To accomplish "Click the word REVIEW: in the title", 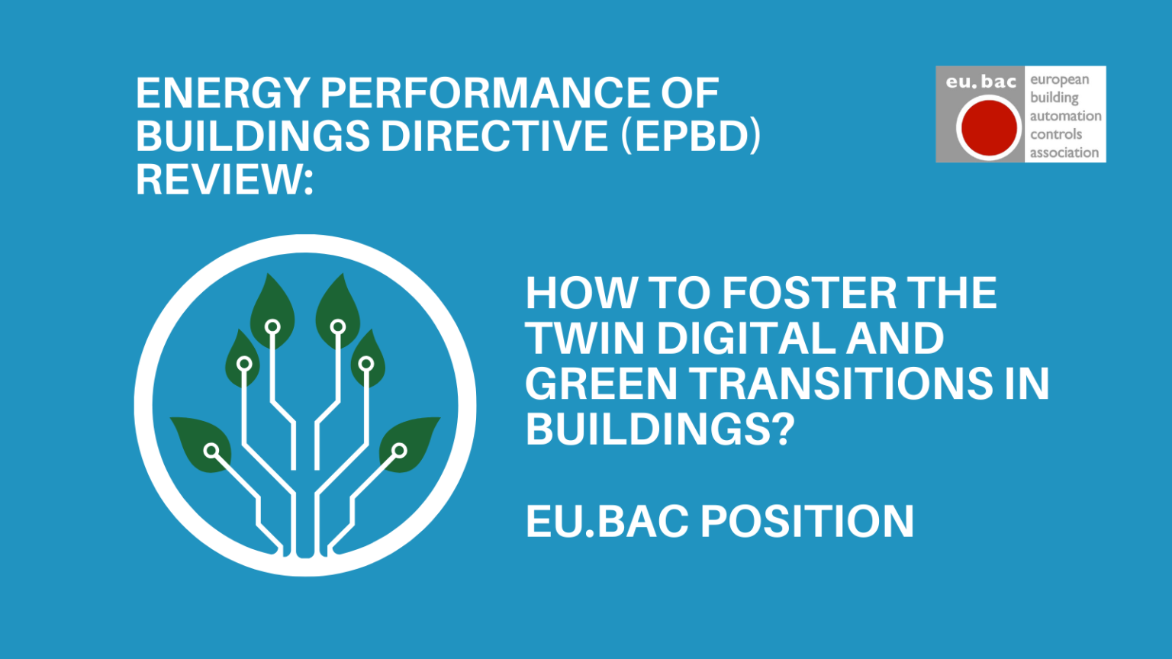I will (x=224, y=180).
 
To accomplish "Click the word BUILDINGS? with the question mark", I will (x=660, y=429).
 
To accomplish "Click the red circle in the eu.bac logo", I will (x=989, y=128).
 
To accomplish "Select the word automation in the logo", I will (x=1065, y=116).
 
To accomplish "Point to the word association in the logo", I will (x=1064, y=153).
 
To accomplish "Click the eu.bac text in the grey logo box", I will (x=980, y=82).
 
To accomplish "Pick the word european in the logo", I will (x=1059, y=79).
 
